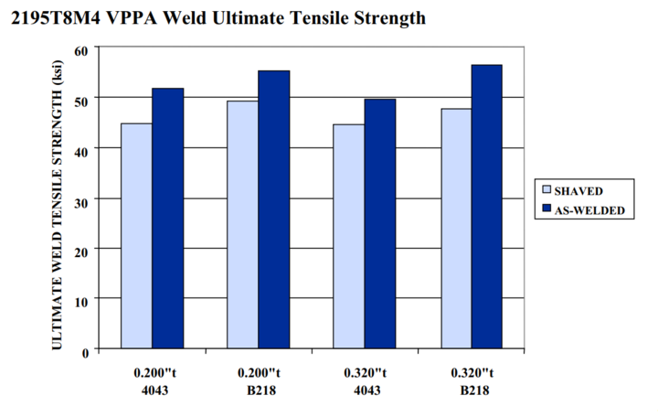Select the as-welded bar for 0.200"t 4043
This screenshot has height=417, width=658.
coord(168,219)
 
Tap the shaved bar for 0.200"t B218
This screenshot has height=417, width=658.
coord(242,225)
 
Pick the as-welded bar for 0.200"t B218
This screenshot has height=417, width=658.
coord(273,209)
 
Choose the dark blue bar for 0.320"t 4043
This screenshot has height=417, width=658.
coord(379,224)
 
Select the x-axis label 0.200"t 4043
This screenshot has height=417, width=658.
coord(152,381)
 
